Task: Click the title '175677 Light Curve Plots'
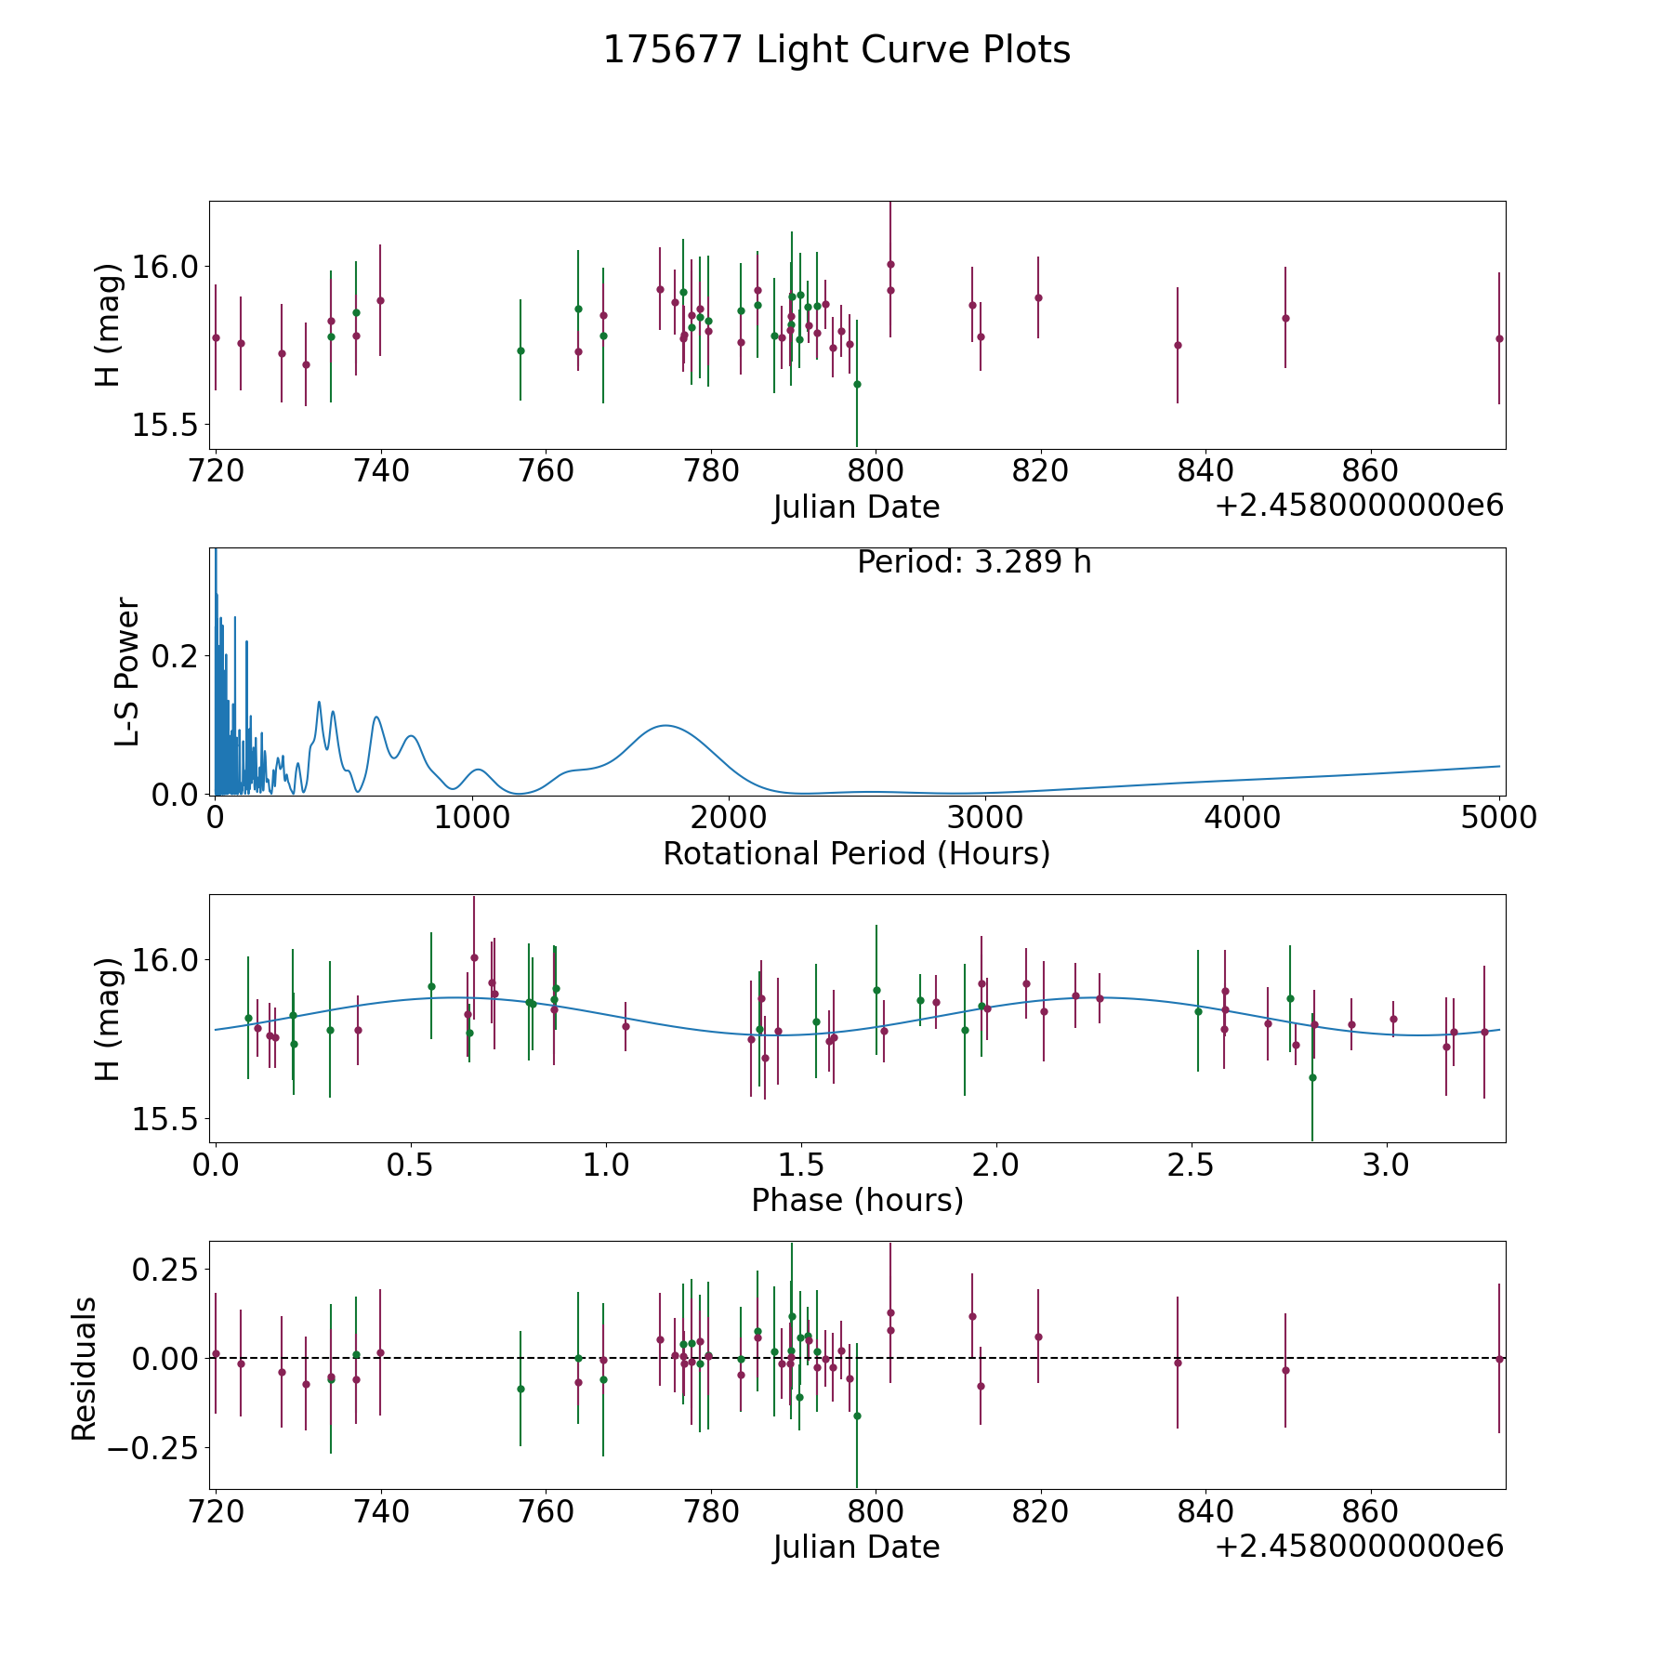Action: [x=836, y=50]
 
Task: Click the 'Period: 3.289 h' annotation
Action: [x=973, y=562]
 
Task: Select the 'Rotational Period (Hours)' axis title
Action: [x=856, y=853]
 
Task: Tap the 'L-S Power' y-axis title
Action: [x=127, y=671]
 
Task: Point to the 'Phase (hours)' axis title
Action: [x=857, y=1200]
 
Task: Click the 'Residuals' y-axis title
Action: [x=85, y=1368]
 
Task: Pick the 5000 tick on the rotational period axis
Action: [x=1499, y=817]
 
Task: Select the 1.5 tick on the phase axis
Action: [x=801, y=1164]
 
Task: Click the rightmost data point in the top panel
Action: [x=1498, y=338]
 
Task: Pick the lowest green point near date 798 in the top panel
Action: [x=857, y=384]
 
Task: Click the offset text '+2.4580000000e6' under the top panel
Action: [x=1359, y=506]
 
